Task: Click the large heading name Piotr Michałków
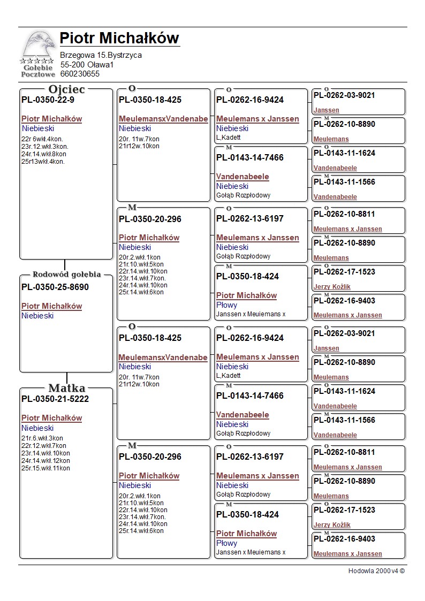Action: [x=119, y=38]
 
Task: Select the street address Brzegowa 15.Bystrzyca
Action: [x=101, y=55]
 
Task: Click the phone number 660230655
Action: [x=80, y=74]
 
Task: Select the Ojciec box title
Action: [x=66, y=89]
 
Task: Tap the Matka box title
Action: [x=66, y=389]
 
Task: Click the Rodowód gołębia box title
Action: [x=66, y=275]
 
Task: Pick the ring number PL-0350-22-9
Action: [x=48, y=100]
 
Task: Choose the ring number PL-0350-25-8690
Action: [x=55, y=287]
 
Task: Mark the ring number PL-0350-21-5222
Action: [x=55, y=399]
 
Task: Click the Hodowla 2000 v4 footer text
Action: [x=376, y=571]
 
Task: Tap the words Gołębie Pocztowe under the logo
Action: [x=37, y=71]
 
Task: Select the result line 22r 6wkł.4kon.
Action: [x=42, y=139]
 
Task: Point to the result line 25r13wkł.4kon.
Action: [x=43, y=162]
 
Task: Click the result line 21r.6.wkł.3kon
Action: [x=42, y=438]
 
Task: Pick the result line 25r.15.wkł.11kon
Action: [x=45, y=468]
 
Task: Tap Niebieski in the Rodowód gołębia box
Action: [x=37, y=316]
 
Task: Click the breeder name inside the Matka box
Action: [x=51, y=418]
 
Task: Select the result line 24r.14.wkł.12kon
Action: [x=45, y=461]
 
